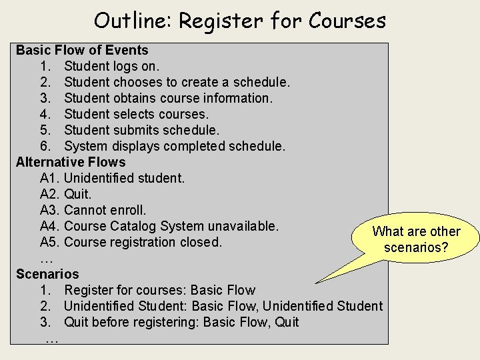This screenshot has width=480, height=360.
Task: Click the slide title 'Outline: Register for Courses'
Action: pyautogui.click(x=240, y=21)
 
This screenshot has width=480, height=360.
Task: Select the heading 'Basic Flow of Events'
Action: pyautogui.click(x=82, y=50)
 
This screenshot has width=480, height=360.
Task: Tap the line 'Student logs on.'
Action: pyautogui.click(x=111, y=66)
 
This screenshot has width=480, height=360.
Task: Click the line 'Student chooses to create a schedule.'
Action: pyautogui.click(x=177, y=82)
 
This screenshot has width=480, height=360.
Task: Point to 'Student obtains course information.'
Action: pyautogui.click(x=168, y=98)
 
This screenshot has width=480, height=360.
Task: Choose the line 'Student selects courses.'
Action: pyautogui.click(x=136, y=114)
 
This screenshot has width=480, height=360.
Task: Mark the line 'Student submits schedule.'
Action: pyautogui.click(x=141, y=130)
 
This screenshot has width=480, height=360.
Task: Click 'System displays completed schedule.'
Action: pyautogui.click(x=174, y=146)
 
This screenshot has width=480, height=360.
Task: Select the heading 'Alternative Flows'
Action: pyautogui.click(x=71, y=162)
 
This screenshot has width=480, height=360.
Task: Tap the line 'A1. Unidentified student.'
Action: pyautogui.click(x=112, y=178)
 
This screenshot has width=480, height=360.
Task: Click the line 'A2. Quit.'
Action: pyautogui.click(x=65, y=194)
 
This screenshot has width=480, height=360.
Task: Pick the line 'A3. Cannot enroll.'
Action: pyautogui.click(x=93, y=210)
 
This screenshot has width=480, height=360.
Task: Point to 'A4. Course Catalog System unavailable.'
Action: pyautogui.click(x=159, y=226)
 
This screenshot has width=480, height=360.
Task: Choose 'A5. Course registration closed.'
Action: pyautogui.click(x=131, y=242)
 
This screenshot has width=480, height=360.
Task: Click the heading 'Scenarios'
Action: pyautogui.click(x=47, y=274)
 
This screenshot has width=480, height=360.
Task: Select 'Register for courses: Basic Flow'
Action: pyautogui.click(x=159, y=290)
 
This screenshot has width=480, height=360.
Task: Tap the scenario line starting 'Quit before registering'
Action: pyautogui.click(x=181, y=322)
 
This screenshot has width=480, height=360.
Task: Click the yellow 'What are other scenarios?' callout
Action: pyautogui.click(x=416, y=239)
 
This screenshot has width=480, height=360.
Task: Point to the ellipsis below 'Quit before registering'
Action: pyautogui.click(x=51, y=339)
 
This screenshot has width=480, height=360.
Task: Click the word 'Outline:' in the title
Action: pyautogui.click(x=133, y=21)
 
